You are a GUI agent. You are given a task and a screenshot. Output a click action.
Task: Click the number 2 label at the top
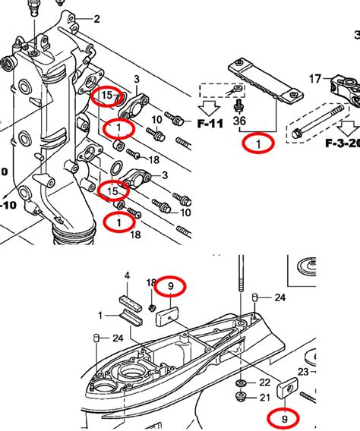point(96,19)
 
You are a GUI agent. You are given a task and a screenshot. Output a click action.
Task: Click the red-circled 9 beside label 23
point(284,417)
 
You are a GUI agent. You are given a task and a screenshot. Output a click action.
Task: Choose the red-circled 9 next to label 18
point(171,286)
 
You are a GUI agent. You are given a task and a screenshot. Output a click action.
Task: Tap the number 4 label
point(127,275)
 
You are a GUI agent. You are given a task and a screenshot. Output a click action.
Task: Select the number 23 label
point(303,372)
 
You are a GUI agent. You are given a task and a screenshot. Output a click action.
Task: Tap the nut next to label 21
point(242,397)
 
